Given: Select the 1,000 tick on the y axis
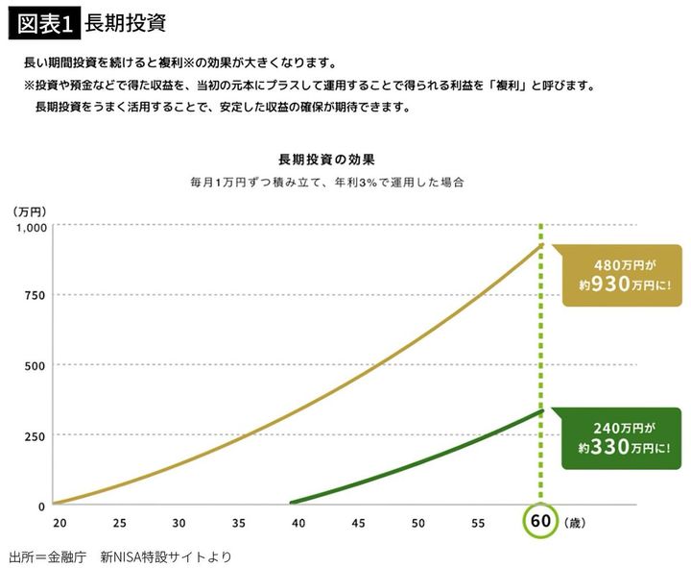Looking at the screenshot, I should (30, 227).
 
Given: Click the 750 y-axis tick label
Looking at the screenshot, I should (35, 296).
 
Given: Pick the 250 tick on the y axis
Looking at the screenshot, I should (35, 435).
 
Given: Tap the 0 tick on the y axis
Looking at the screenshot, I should (41, 505).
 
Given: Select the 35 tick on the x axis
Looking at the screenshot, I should (237, 523).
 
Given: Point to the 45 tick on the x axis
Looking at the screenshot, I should (358, 523).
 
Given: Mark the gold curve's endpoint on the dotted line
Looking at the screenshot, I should (541, 245).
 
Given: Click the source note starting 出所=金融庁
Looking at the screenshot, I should (120, 556).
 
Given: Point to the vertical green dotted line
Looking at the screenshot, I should (541, 365).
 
